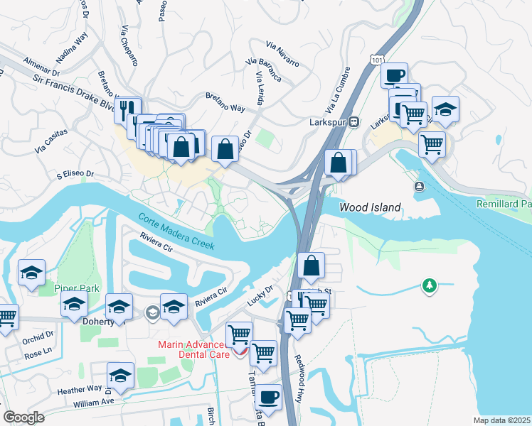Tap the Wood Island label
pos(370,208)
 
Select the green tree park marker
pos(428,285)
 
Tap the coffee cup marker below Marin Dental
pos(269,398)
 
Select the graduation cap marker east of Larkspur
pos(445,109)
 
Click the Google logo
pos(24,418)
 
